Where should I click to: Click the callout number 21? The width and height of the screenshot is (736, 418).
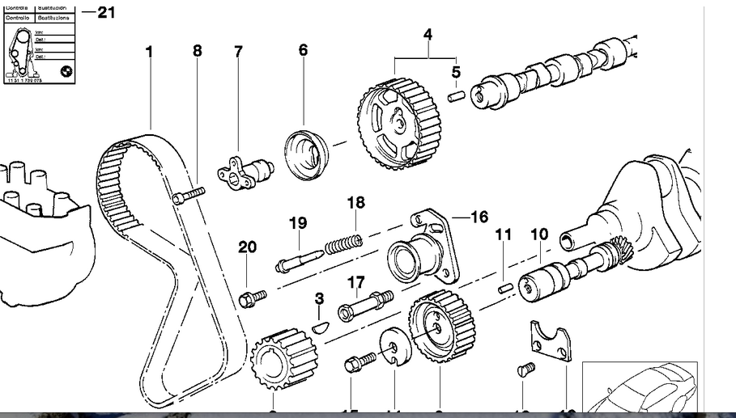click(107, 12)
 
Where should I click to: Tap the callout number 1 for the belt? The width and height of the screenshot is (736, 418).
click(150, 51)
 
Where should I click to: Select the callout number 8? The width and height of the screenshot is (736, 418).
click(198, 51)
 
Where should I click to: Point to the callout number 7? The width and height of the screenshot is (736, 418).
click(238, 52)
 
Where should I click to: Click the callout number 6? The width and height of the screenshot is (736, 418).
click(303, 50)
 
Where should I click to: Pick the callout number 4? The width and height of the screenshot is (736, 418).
click(428, 35)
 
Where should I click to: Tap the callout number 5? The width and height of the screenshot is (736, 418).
click(456, 72)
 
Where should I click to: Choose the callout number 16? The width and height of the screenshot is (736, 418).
click(479, 217)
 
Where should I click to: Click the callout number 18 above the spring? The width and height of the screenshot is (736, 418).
click(356, 202)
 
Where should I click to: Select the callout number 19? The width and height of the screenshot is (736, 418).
click(298, 223)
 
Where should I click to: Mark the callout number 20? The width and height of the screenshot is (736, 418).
click(247, 247)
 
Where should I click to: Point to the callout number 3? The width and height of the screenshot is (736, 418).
click(320, 299)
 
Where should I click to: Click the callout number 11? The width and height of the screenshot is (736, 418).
click(504, 235)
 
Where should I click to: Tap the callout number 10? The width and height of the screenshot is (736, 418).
click(539, 234)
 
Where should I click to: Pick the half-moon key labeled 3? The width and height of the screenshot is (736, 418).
click(321, 327)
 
